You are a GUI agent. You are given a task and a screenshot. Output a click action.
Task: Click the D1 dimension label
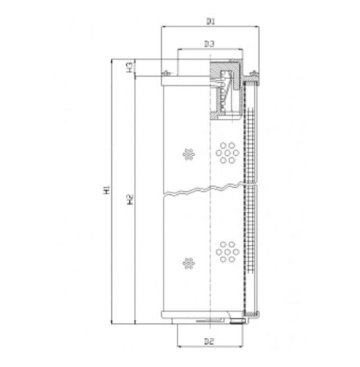pos(209,16)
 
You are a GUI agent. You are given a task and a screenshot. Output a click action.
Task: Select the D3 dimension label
pos(209,44)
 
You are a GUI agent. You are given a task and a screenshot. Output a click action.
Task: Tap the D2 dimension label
pos(209,341)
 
